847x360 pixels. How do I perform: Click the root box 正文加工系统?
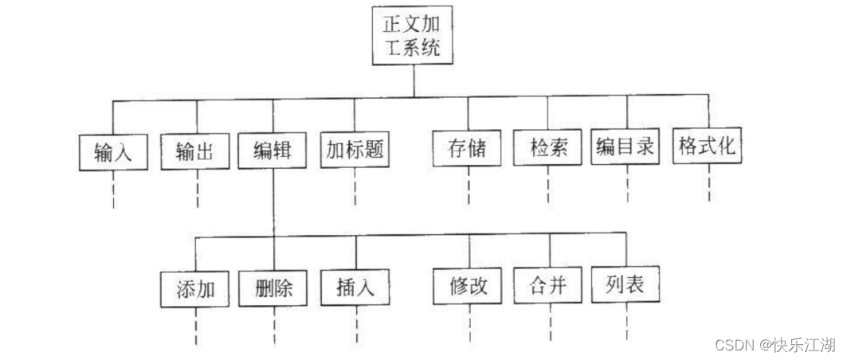coord(414,37)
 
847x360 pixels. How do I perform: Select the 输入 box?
coord(113,151)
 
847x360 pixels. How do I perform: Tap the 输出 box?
coord(194,151)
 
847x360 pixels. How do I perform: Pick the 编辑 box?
coord(273,150)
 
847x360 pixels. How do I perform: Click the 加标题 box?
coord(355,149)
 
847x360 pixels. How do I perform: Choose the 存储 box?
coord(468,149)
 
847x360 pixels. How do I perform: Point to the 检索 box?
coord(548,149)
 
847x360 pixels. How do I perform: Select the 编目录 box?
coord(627,147)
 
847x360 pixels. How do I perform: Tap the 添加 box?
coord(195,288)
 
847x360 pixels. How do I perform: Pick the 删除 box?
coord(275,288)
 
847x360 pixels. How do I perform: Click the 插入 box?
coord(355,286)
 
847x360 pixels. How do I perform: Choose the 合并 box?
coord(547,285)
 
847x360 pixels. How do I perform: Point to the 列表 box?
coord(627,284)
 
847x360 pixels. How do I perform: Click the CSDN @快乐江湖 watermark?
coord(774,345)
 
